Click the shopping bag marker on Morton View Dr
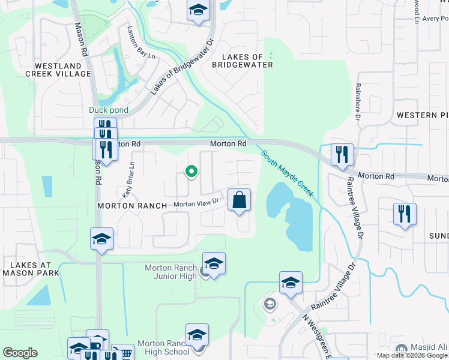pyautogui.click(x=239, y=200)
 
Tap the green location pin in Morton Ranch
pyautogui.click(x=191, y=172)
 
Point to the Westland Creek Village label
pyautogui.click(x=58, y=70)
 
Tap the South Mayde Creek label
pyautogui.click(x=288, y=174)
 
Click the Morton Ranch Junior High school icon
pyautogui.click(x=214, y=263)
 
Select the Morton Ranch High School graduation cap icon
pyautogui.click(x=196, y=335)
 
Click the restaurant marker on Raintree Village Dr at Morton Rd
pyautogui.click(x=342, y=154)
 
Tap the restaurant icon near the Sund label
pyautogui.click(x=405, y=214)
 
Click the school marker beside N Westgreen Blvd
pyautogui.click(x=291, y=282)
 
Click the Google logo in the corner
pyautogui.click(x=20, y=353)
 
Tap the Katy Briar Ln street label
pyautogui.click(x=127, y=181)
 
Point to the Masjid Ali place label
pyautogui.click(x=427, y=347)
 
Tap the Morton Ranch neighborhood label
pyautogui.click(x=132, y=206)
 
